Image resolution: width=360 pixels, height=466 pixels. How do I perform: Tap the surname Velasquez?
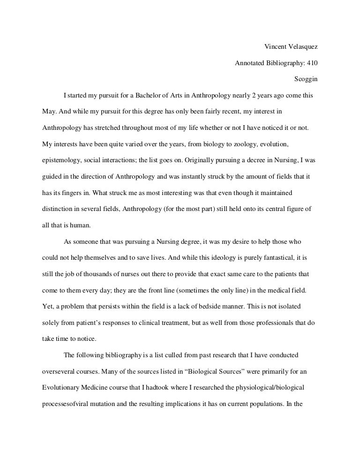302,46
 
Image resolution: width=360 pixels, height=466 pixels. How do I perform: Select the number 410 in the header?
312,63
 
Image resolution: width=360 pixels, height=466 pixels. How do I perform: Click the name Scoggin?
306,79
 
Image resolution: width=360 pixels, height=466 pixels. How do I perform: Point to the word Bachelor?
150,96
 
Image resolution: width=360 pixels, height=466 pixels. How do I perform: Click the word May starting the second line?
49,112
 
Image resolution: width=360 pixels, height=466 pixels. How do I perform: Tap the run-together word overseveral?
59,371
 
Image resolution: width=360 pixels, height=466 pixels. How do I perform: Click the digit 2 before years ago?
254,96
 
